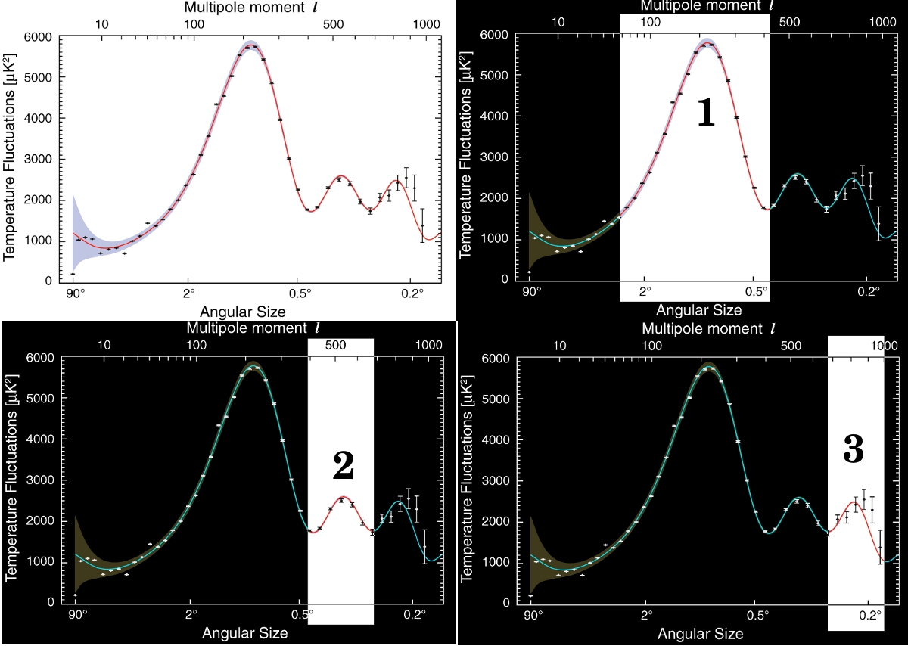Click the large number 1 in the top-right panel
point(705,113)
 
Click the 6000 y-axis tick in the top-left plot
point(39,37)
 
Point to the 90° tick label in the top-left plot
point(73,293)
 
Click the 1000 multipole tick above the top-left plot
point(428,23)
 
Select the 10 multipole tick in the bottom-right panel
point(560,346)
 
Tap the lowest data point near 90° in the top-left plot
point(73,274)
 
